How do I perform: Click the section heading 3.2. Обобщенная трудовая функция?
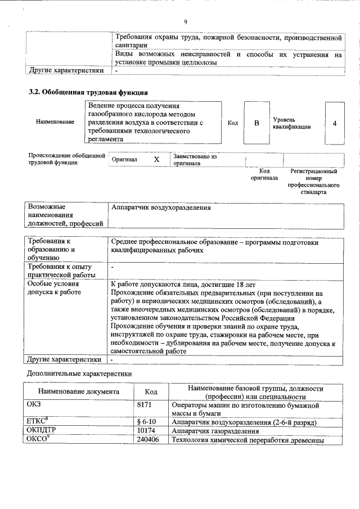pyautogui.click(x=88, y=92)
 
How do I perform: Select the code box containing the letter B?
pyautogui.click(x=256, y=123)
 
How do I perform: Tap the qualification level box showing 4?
pyautogui.click(x=335, y=123)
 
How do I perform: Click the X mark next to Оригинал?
pyautogui.click(x=157, y=160)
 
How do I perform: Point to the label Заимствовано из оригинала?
pyautogui.click(x=195, y=160)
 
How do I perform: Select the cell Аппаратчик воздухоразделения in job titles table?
pyautogui.click(x=161, y=208)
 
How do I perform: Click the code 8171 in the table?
pyautogui.click(x=145, y=405)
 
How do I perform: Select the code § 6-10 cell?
pyautogui.click(x=147, y=422)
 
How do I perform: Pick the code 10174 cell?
pyautogui.click(x=146, y=431)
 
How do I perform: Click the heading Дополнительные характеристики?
pyautogui.click(x=79, y=373)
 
